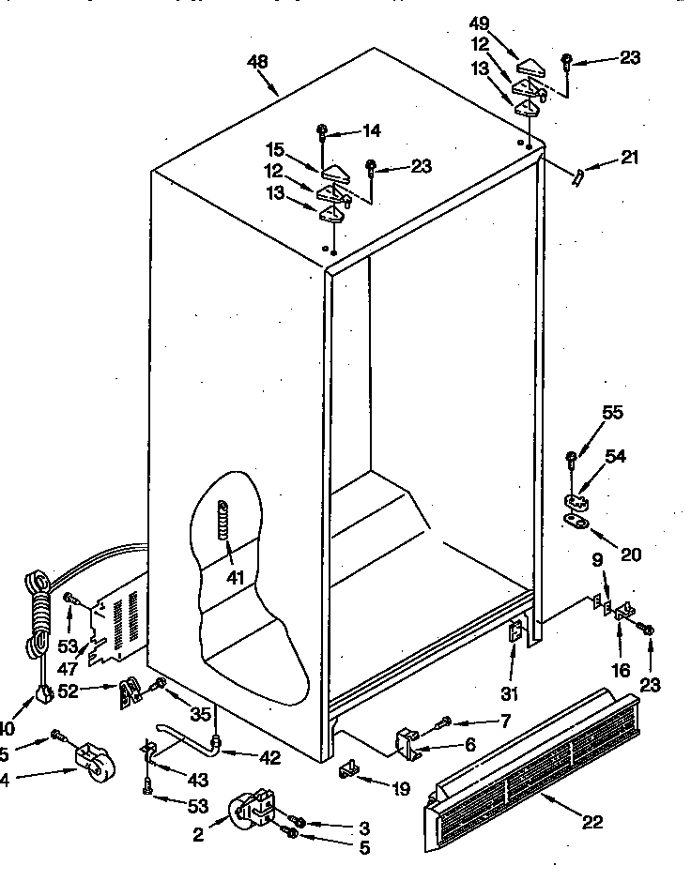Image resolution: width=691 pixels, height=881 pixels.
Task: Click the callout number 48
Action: pos(256,62)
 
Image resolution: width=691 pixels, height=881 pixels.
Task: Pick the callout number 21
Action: pos(629,158)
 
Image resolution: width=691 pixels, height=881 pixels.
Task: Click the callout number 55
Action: pos(611,412)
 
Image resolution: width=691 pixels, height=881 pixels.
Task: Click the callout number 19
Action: pos(401,789)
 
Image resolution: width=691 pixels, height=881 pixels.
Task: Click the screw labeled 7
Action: pos(444,722)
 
